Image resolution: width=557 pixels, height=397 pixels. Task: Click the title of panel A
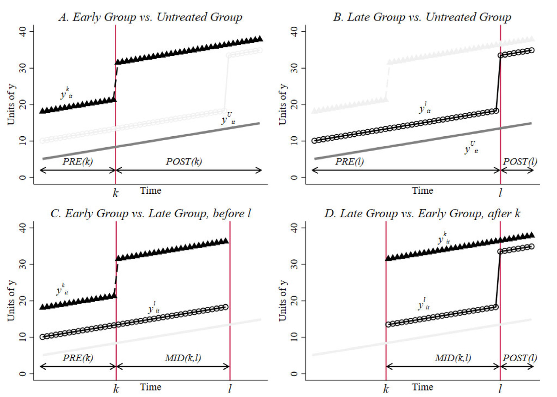point(150,17)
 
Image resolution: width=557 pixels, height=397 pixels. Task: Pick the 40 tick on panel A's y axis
point(25,31)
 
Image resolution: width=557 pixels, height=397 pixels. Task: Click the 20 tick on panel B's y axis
point(297,104)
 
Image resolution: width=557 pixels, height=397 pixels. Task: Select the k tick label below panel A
point(116,193)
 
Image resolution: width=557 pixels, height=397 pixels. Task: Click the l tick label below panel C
point(230,389)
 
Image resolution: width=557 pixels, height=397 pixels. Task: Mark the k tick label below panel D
point(386,389)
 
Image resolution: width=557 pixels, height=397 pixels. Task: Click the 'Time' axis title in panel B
point(423,190)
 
